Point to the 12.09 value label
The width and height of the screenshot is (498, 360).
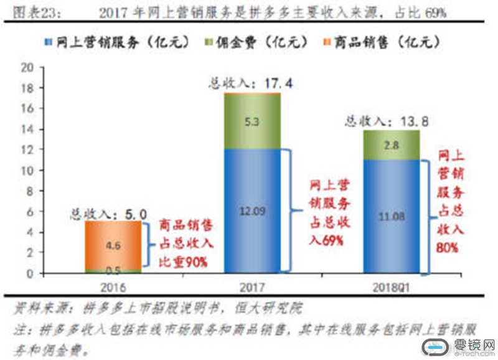pos(252,211)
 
